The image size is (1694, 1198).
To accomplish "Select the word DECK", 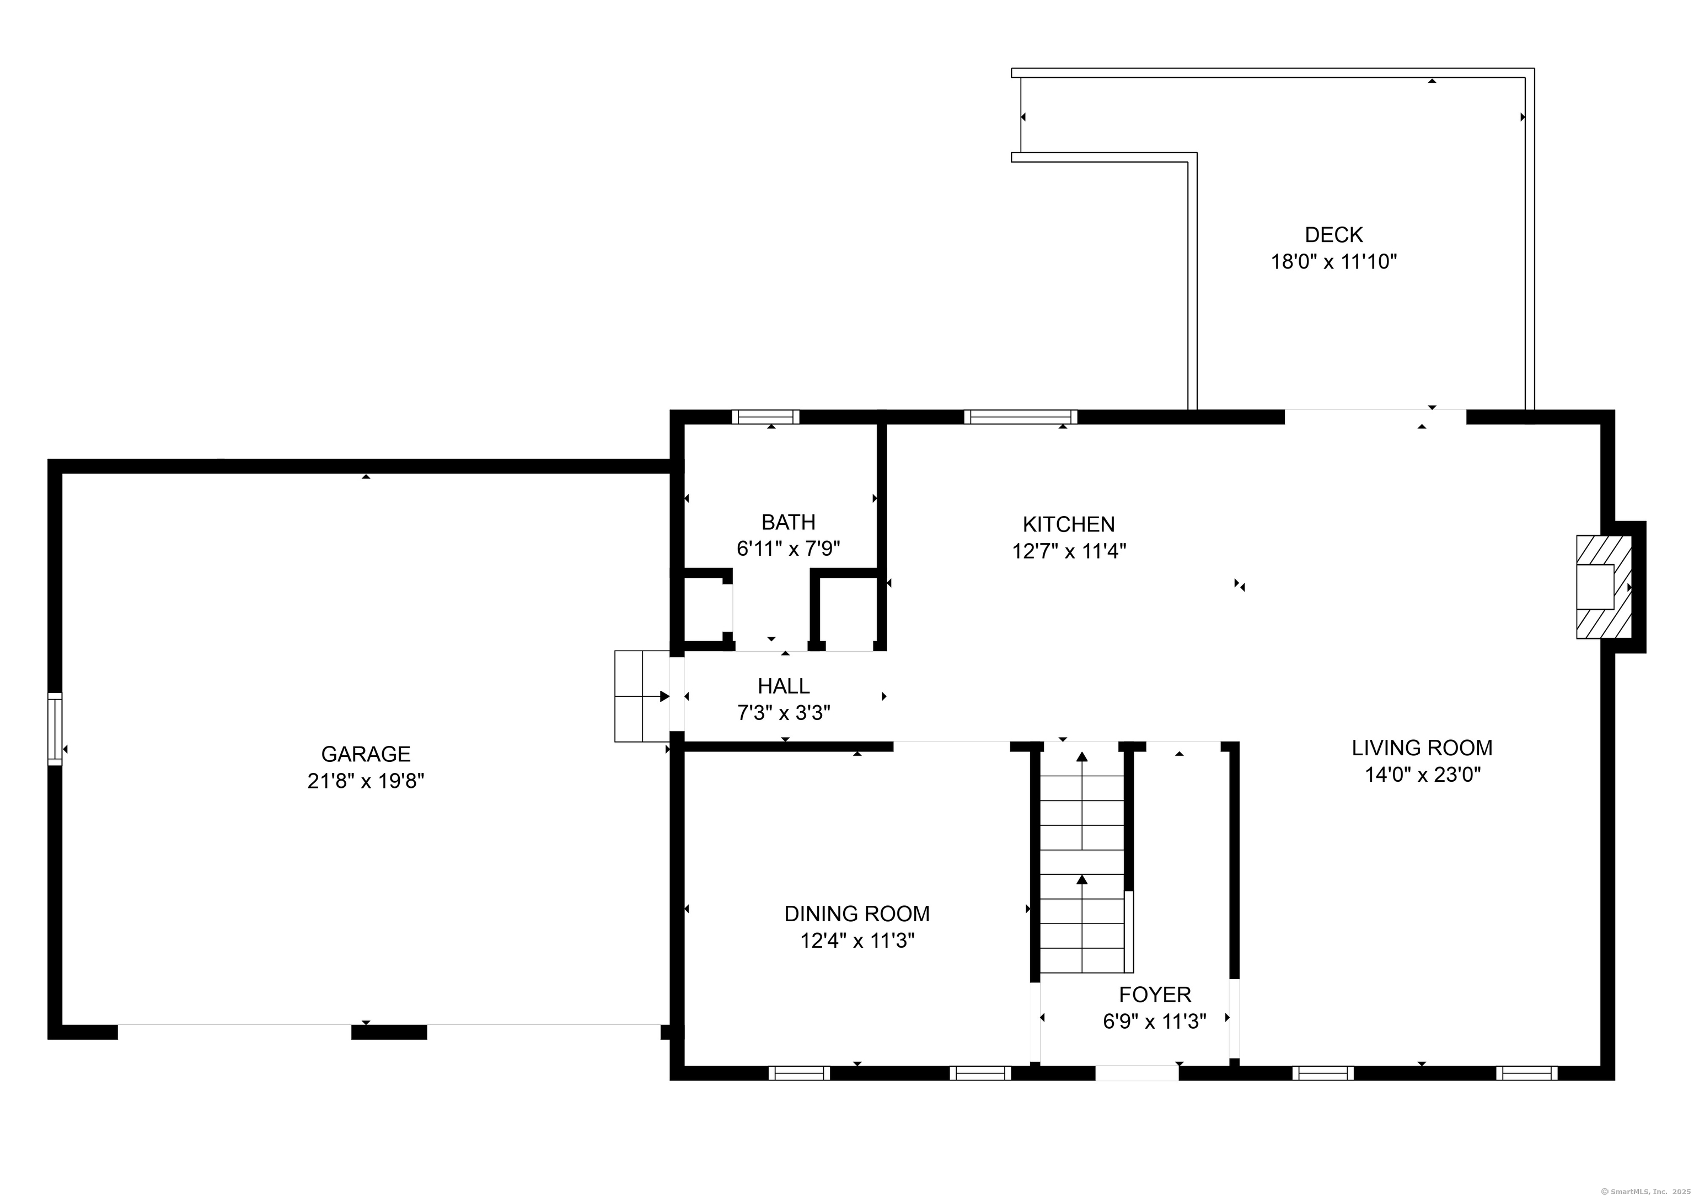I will pos(1333,235).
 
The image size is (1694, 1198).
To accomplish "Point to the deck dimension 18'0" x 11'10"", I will pos(1333,262).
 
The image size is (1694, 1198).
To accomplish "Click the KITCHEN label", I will pos(1068,524).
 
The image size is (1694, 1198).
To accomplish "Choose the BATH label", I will pos(788,522).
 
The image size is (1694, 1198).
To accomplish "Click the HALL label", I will pos(784,686).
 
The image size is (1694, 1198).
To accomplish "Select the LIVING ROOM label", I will pos(1422,748).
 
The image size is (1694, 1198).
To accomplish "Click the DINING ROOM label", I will pos(856,914).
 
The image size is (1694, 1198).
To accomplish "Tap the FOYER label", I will pos(1155,995).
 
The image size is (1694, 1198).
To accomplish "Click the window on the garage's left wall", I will pos(55,729).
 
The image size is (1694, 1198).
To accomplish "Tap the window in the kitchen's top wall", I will pos(1020,417).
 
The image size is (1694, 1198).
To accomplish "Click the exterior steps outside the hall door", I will pos(641,696).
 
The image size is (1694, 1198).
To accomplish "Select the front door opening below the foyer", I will pos(1136,1073).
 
